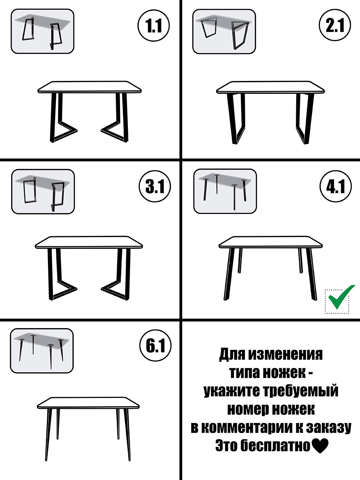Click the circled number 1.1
(x=154, y=26)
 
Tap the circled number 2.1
(x=335, y=26)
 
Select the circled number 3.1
(x=155, y=186)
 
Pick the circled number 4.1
(x=336, y=186)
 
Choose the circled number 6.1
(x=155, y=345)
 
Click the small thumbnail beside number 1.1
(x=42, y=31)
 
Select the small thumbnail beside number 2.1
(x=224, y=31)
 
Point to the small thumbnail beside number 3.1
(x=43, y=192)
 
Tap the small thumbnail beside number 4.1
(x=225, y=191)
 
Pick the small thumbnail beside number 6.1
(x=42, y=351)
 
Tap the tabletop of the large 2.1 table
(x=270, y=87)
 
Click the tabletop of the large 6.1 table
(x=88, y=403)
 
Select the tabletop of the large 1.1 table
(x=90, y=87)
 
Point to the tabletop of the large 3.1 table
(x=89, y=243)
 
